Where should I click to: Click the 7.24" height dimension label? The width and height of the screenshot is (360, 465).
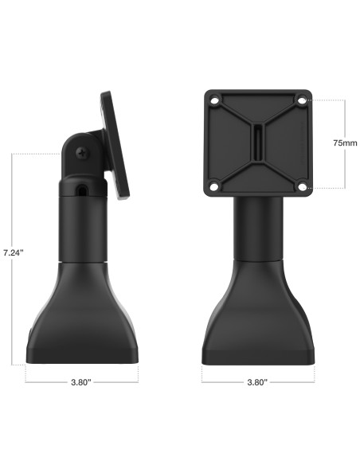click(13, 252)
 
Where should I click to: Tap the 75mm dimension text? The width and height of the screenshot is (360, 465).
click(344, 143)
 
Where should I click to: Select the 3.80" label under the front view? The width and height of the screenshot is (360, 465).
click(256, 382)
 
